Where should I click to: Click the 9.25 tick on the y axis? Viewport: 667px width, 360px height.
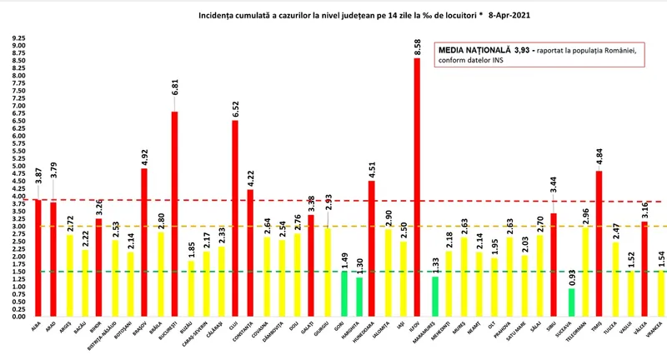coord(16,38)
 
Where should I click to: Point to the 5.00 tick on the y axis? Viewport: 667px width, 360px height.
coord(16,166)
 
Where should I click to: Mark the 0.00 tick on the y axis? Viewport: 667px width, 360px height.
coord(16,317)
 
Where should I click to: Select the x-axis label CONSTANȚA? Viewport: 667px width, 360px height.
coord(249,333)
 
